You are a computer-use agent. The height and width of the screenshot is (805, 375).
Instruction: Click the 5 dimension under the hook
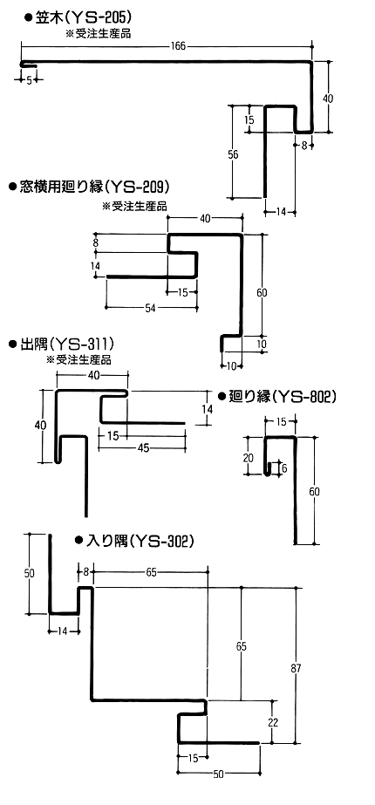click(x=29, y=79)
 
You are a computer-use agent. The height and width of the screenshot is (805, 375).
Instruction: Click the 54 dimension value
click(x=150, y=308)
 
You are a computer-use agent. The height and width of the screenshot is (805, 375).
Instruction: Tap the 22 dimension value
click(x=273, y=722)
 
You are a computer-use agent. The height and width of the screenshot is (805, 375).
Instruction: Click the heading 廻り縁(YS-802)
click(x=282, y=396)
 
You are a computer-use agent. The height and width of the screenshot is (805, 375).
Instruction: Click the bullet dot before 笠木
click(x=29, y=18)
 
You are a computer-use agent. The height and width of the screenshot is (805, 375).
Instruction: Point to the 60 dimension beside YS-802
click(x=315, y=491)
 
